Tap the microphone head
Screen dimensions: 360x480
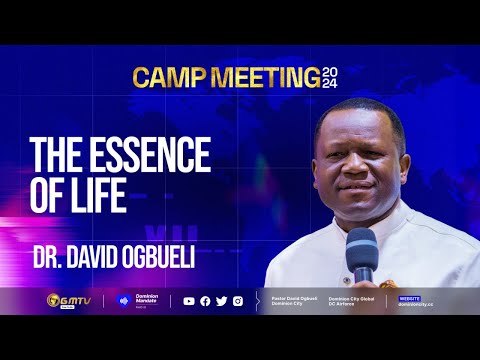[x=361, y=244]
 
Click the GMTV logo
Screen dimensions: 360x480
[x=68, y=300]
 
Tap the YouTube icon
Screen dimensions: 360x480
[x=190, y=300]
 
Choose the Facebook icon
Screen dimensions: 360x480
[x=205, y=300]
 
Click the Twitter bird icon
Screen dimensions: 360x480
[x=221, y=300]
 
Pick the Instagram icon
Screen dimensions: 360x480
[x=237, y=300]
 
